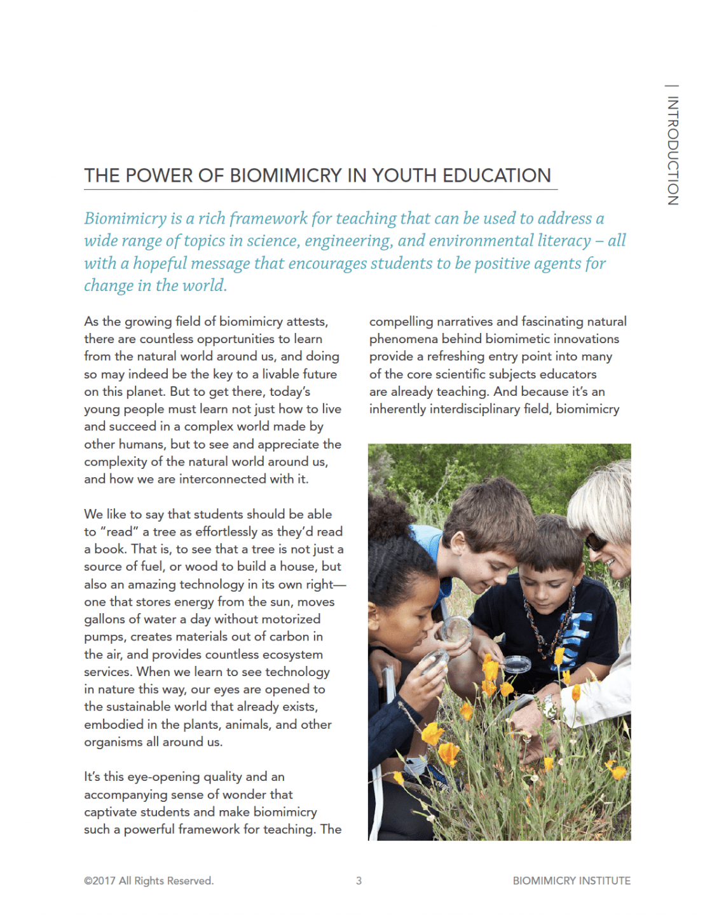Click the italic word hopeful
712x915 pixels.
click(160, 263)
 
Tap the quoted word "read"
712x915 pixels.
click(119, 532)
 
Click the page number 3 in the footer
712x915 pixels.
click(359, 881)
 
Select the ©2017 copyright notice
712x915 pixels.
click(149, 881)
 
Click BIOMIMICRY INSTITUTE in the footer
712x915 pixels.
click(572, 881)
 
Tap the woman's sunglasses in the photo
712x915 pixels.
click(596, 541)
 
